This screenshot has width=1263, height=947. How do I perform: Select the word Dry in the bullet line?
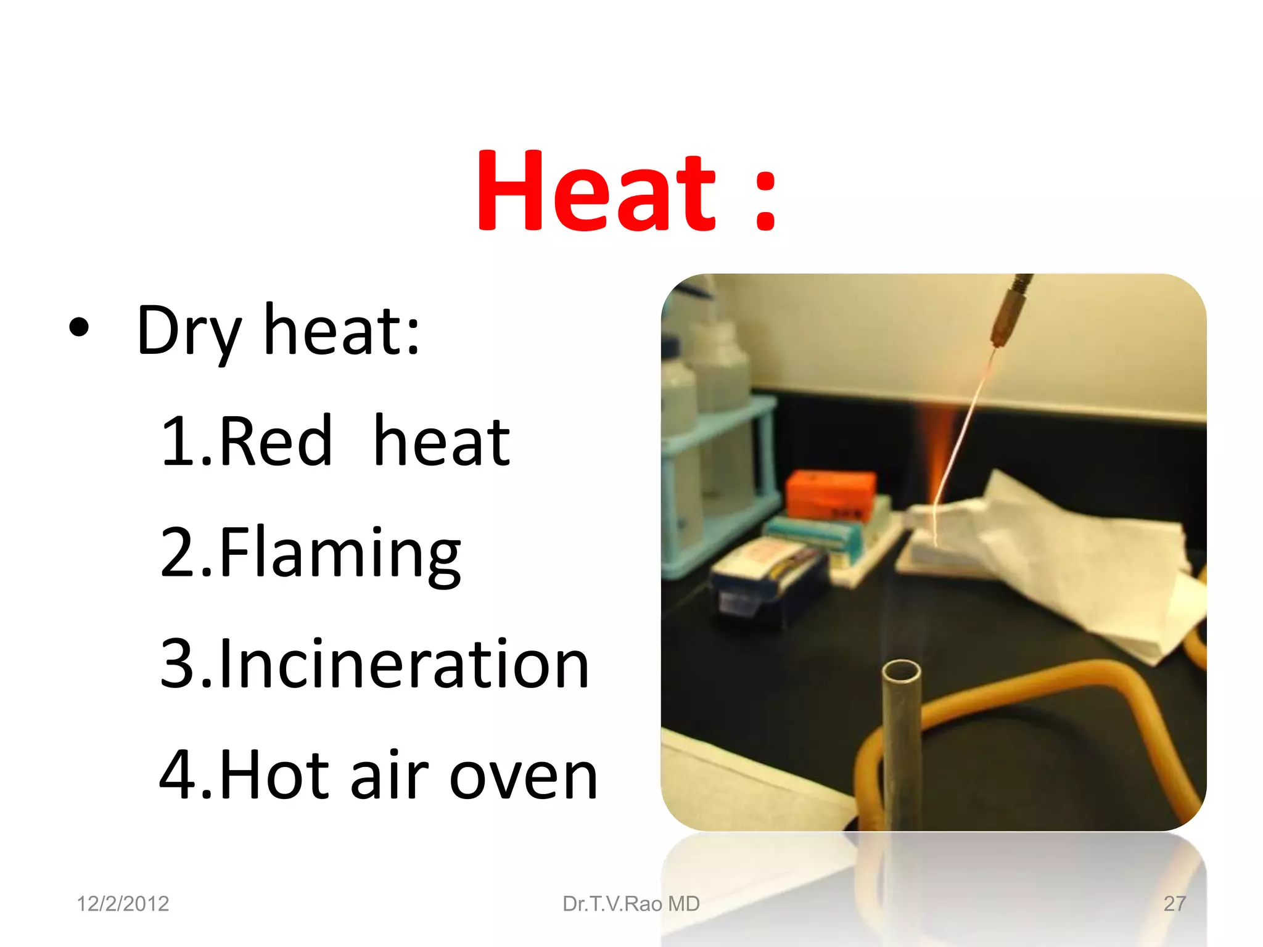pos(188,333)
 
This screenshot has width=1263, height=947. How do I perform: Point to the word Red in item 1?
pos(275,441)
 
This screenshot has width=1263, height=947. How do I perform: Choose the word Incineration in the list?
pos(404,664)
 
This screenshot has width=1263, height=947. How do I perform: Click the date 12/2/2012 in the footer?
pos(123,904)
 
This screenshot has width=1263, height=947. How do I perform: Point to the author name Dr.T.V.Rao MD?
pos(631,904)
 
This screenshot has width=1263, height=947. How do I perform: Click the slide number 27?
pos(1174,904)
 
